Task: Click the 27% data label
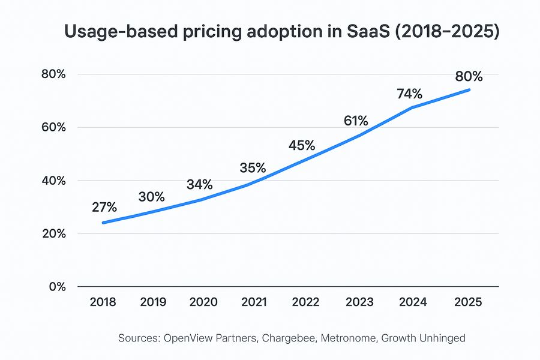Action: click(x=104, y=208)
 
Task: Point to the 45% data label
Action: click(x=301, y=145)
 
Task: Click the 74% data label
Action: click(x=409, y=94)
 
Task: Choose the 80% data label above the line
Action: click(x=469, y=77)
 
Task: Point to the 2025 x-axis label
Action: click(x=469, y=302)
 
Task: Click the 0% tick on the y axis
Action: click(x=57, y=287)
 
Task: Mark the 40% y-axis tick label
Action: click(x=53, y=181)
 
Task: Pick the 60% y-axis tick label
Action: click(x=53, y=128)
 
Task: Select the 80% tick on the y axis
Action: click(x=53, y=74)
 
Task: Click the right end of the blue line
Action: click(x=469, y=90)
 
